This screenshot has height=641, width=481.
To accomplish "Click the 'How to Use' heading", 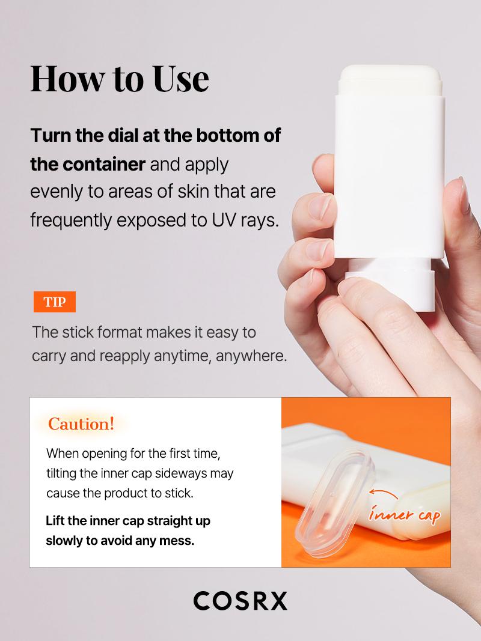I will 120,78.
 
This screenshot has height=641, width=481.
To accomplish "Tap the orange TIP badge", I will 54,302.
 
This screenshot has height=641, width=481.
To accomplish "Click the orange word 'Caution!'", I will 81,424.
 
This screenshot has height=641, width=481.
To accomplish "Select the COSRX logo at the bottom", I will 240,600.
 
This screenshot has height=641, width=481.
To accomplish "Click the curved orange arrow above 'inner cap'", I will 384,494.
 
